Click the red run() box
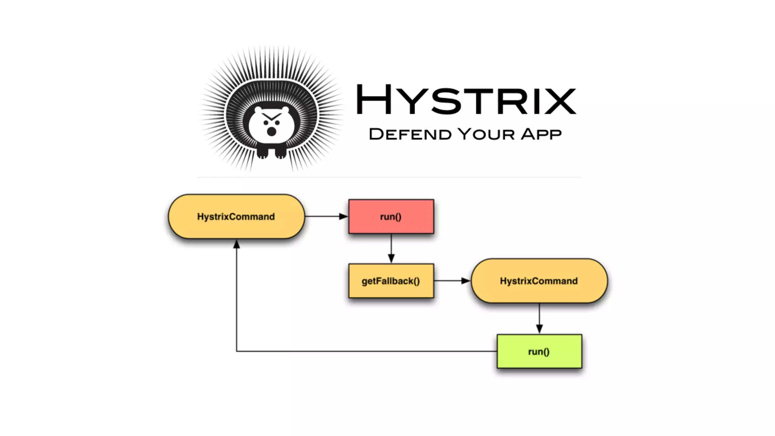(x=391, y=216)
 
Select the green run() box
(x=539, y=351)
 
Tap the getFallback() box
(x=391, y=281)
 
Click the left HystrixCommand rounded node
(x=236, y=216)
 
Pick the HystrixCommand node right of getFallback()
(x=539, y=281)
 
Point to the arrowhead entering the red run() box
(x=344, y=216)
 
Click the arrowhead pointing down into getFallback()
(x=391, y=259)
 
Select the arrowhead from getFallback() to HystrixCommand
(x=466, y=281)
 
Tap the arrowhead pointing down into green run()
(x=539, y=329)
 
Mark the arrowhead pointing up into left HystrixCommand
(x=237, y=244)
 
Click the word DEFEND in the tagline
(x=410, y=134)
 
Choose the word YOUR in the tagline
(x=486, y=134)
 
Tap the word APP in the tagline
(x=541, y=134)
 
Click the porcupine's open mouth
(x=271, y=131)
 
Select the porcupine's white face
(x=271, y=125)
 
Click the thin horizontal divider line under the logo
(x=389, y=177)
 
